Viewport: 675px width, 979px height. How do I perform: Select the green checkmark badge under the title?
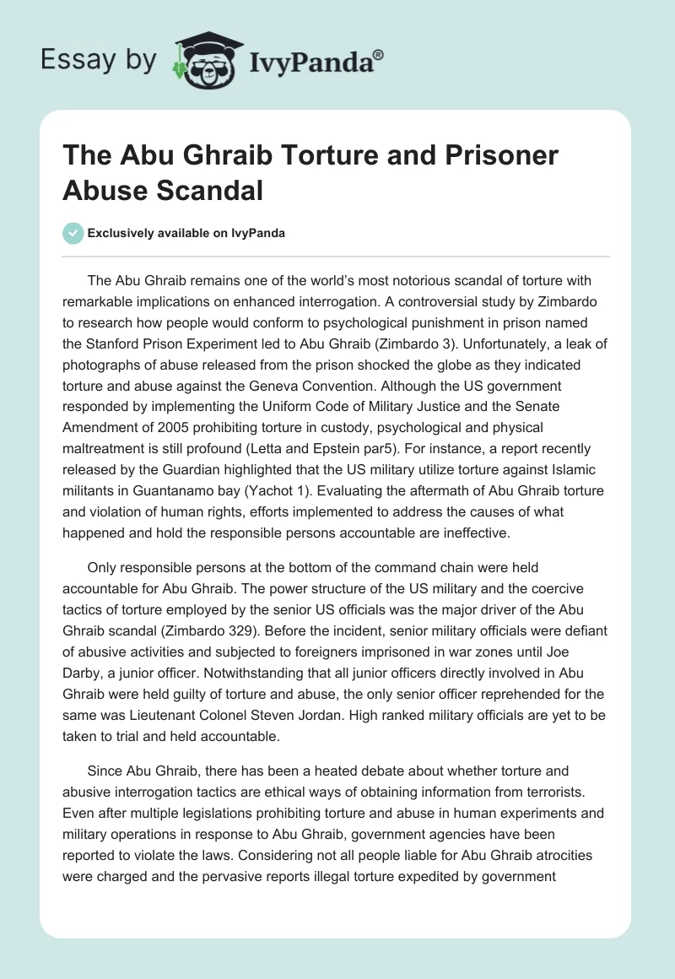(73, 233)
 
